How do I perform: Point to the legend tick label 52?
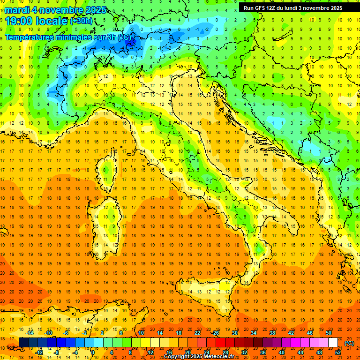pos(338,352)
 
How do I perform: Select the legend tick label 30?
pos(234,333)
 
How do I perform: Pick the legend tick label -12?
pos(39,352)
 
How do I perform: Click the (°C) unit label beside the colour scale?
pos(349,343)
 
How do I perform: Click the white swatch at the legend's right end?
pos(333,343)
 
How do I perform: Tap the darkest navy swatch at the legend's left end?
pos(23,343)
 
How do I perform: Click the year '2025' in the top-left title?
pos(95,10)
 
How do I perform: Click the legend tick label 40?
pos(282,352)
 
